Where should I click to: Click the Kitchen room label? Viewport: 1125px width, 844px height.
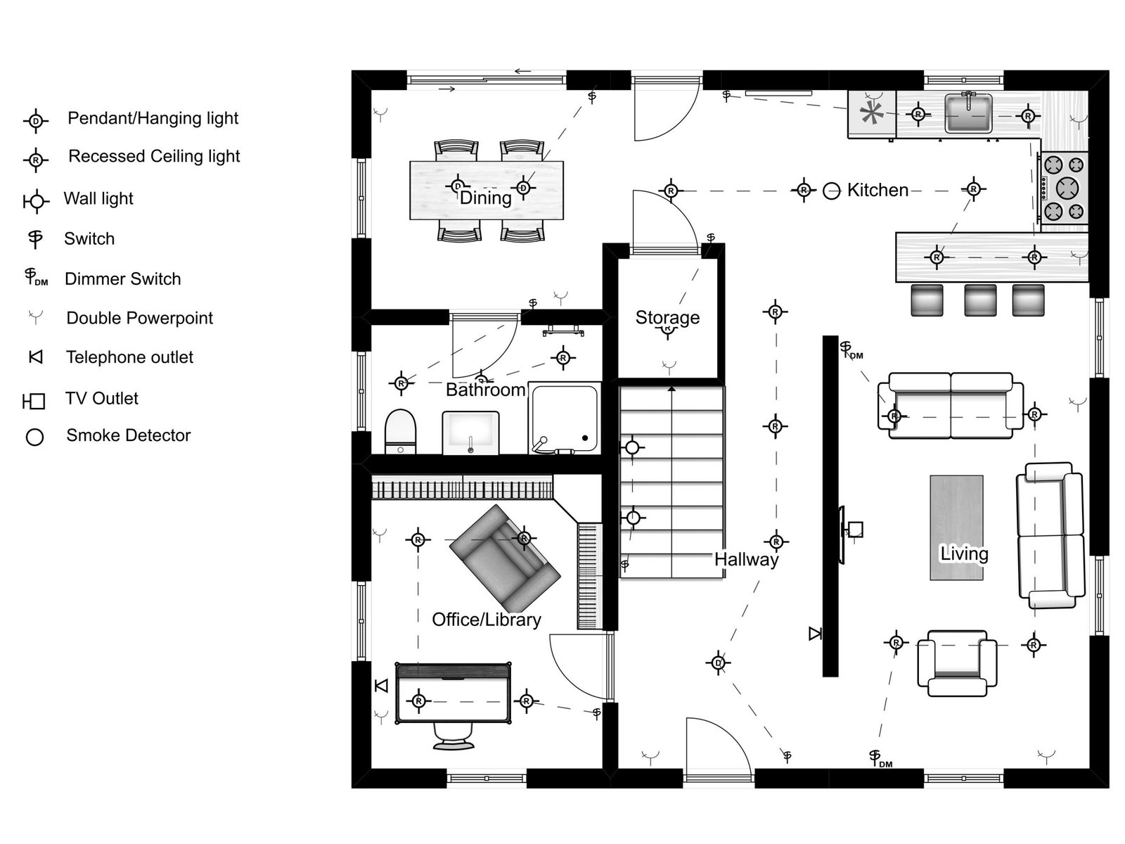click(877, 190)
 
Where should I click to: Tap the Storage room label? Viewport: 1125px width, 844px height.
click(667, 317)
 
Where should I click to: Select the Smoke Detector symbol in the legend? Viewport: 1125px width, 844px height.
click(34, 437)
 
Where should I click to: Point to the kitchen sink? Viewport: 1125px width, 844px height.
click(968, 113)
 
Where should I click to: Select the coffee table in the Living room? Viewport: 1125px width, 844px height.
click(956, 527)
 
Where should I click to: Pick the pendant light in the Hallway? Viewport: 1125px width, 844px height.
click(718, 663)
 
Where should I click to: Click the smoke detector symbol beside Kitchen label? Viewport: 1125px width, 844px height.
click(832, 191)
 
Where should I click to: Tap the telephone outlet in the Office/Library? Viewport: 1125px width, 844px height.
click(381, 685)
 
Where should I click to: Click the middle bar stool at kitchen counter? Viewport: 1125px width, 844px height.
click(980, 300)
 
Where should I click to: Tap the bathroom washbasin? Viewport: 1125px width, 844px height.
click(470, 432)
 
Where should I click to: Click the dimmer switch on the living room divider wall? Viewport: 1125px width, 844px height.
click(849, 350)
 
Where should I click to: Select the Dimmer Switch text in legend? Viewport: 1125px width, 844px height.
click(122, 279)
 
